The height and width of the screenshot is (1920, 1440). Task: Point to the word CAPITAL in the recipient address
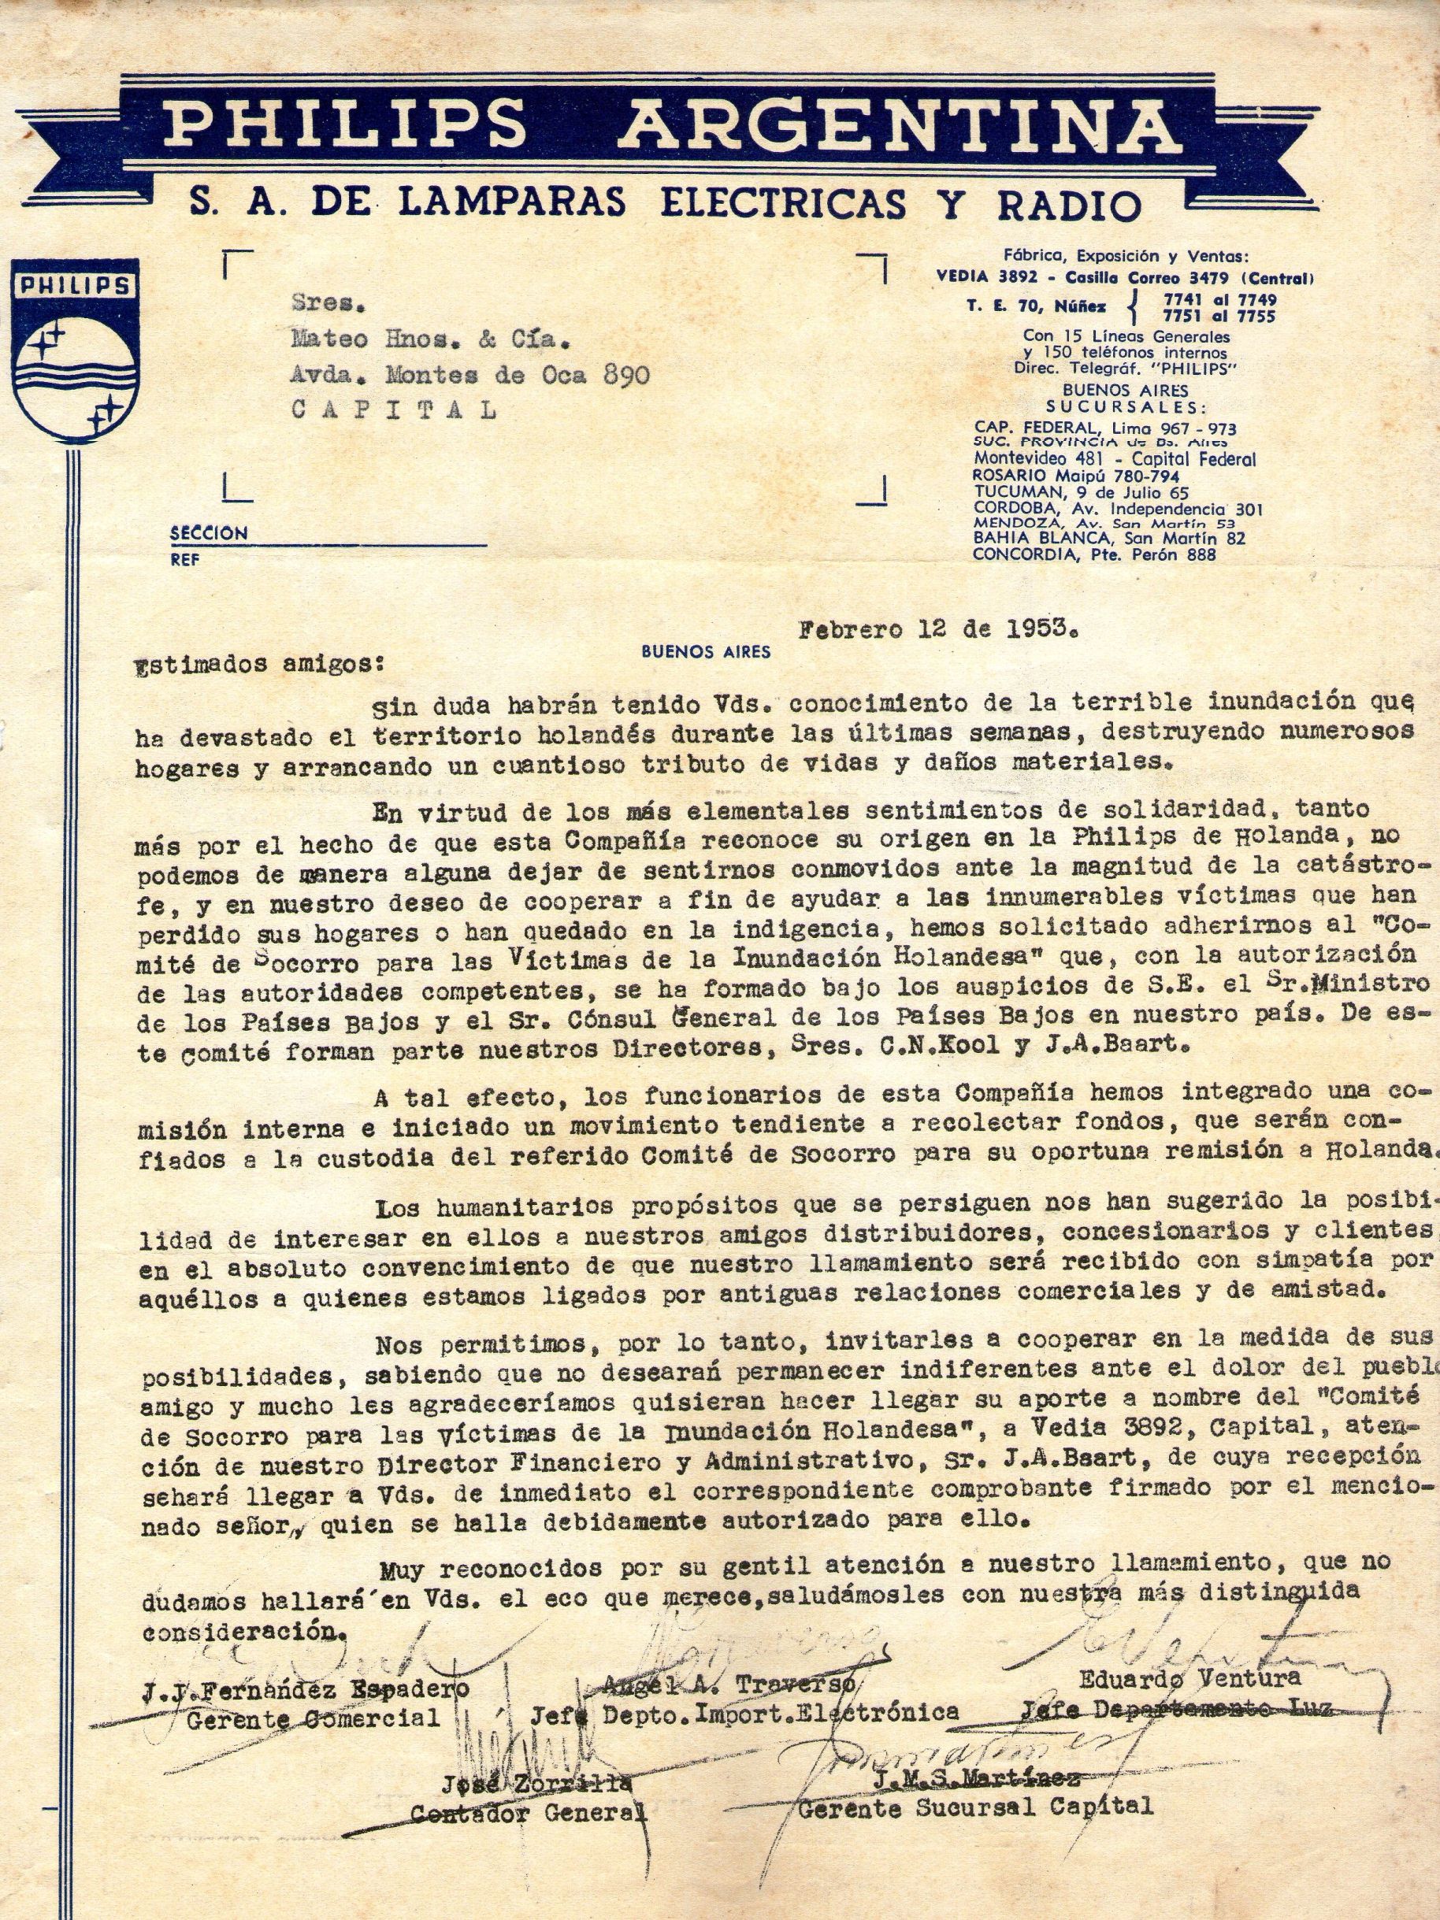click(395, 410)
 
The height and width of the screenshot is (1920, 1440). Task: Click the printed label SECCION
click(208, 533)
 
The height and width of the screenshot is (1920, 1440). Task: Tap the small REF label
click(184, 561)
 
